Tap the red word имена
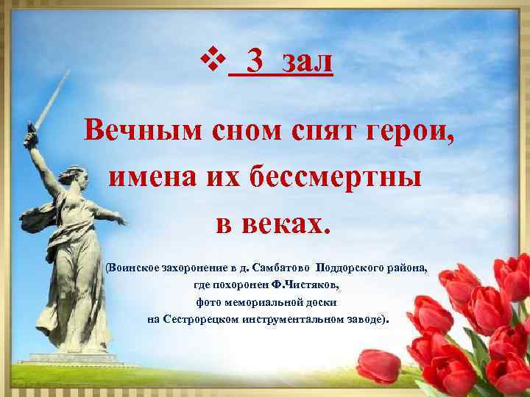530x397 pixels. coord(152,176)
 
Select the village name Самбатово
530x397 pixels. coord(278,265)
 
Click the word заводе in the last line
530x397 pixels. coord(372,320)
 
